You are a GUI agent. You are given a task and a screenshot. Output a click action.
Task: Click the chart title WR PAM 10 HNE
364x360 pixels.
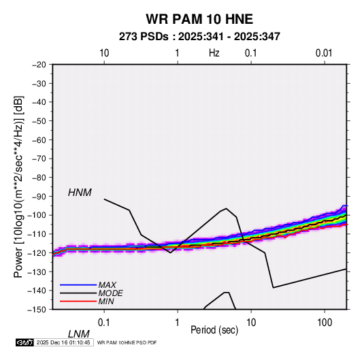click(199, 19)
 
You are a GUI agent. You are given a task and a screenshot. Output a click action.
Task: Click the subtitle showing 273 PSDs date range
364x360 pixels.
click(199, 37)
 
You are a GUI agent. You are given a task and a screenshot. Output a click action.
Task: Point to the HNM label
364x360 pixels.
click(80, 193)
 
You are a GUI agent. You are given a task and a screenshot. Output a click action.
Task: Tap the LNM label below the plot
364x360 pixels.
click(79, 334)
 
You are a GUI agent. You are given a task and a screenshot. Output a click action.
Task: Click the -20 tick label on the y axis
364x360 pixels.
click(39, 65)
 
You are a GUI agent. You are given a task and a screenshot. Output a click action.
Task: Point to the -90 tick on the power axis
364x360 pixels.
click(39, 197)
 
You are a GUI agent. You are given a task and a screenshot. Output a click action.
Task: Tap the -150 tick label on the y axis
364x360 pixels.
click(37, 310)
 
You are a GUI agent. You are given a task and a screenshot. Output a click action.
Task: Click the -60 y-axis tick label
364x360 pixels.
click(39, 140)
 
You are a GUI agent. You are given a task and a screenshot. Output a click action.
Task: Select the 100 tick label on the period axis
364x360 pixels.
click(325, 323)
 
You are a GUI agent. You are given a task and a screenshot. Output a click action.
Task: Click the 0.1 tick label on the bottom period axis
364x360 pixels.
click(104, 323)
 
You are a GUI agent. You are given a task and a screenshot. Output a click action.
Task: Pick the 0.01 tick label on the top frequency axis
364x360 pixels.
click(324, 53)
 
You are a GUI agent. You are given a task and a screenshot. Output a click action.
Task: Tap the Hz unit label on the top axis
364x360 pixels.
click(214, 53)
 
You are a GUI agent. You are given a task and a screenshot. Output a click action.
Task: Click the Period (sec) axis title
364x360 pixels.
click(214, 330)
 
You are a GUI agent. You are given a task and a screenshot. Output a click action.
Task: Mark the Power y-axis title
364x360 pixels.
click(18, 186)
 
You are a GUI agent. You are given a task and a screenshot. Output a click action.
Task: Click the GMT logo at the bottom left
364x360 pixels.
click(25, 342)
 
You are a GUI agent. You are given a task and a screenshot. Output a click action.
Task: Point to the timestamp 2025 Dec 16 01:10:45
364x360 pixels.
click(63, 342)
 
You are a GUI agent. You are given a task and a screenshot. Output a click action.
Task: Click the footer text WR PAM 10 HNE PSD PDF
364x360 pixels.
click(127, 343)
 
